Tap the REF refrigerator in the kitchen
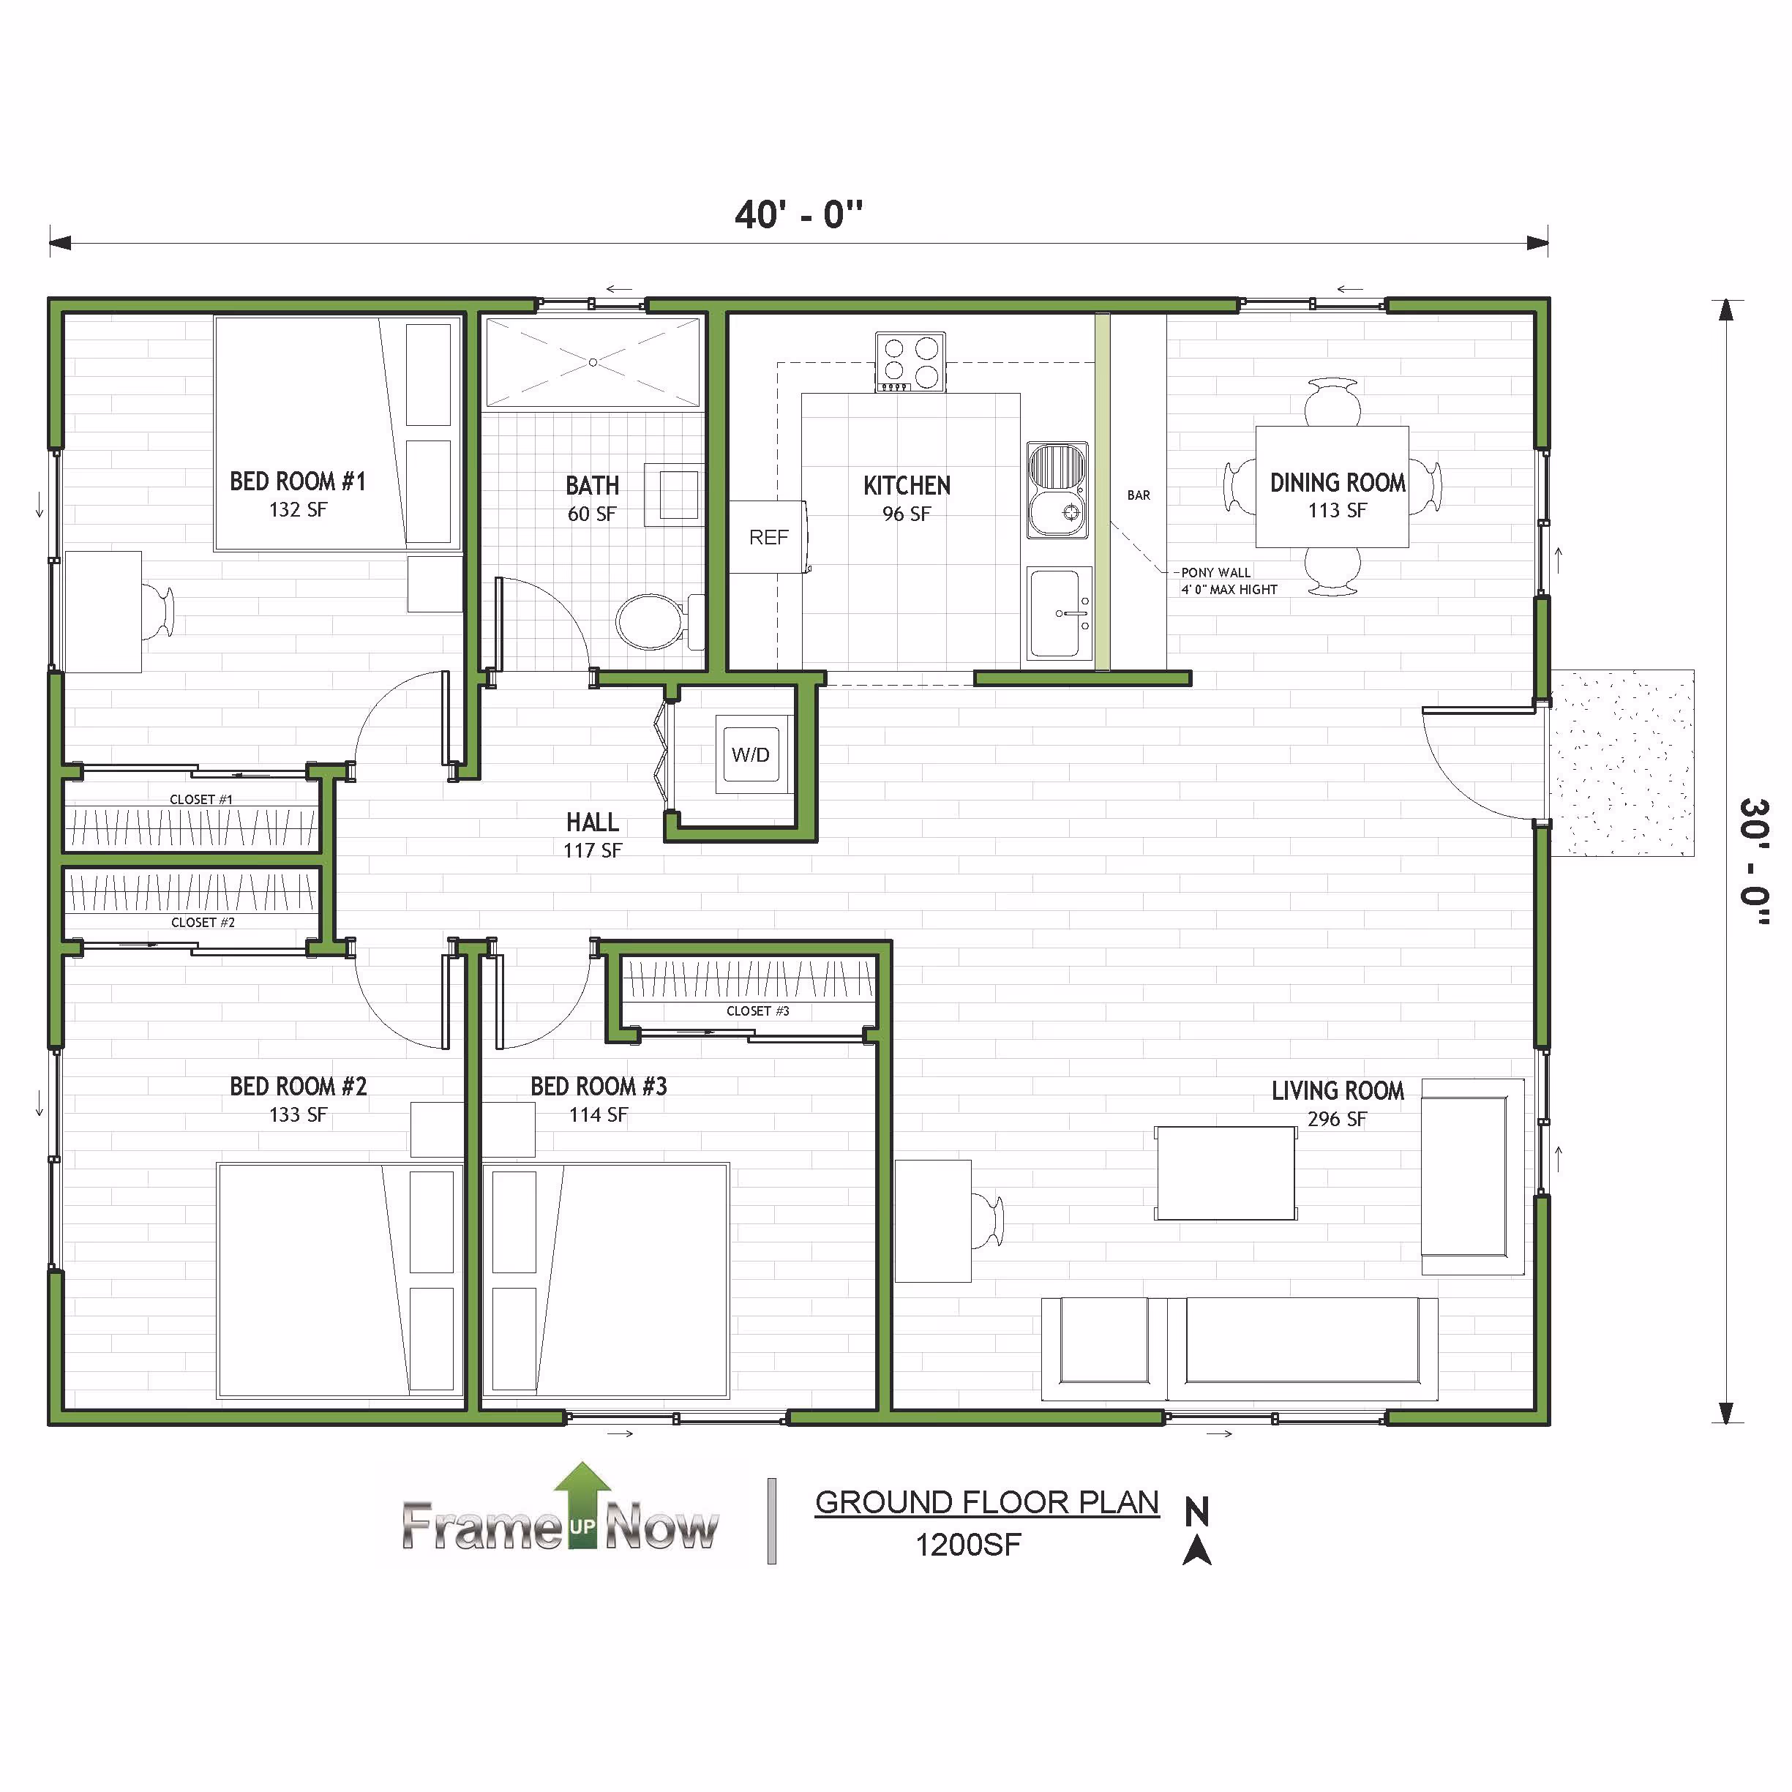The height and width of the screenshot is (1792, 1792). click(x=768, y=537)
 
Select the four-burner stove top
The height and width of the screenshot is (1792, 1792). click(x=910, y=361)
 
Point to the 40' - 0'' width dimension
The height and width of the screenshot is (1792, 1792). click(x=798, y=215)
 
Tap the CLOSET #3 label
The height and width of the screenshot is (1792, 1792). click(x=758, y=1011)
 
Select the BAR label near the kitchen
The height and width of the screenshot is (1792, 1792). click(x=1139, y=495)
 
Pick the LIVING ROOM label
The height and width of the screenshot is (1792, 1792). click(x=1338, y=1091)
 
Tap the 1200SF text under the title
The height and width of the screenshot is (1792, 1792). click(x=968, y=1545)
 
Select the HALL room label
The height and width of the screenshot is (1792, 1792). click(x=593, y=822)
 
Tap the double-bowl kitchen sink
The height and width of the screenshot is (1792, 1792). click(x=1057, y=490)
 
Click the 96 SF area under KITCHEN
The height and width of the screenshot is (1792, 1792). click(x=906, y=514)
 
